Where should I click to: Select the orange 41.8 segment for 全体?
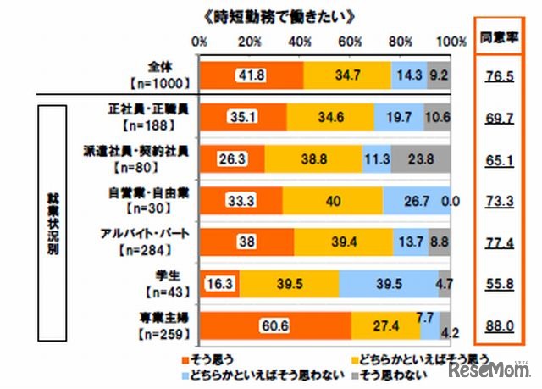pos(251,75)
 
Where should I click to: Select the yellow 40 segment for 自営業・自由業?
pos(332,200)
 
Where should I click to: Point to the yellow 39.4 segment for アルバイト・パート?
pos(344,242)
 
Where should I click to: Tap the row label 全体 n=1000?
pos(160,75)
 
